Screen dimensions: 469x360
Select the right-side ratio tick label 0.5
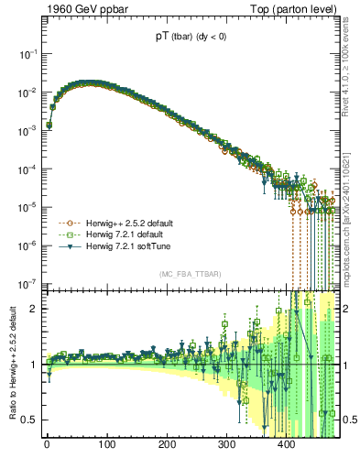348,420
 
